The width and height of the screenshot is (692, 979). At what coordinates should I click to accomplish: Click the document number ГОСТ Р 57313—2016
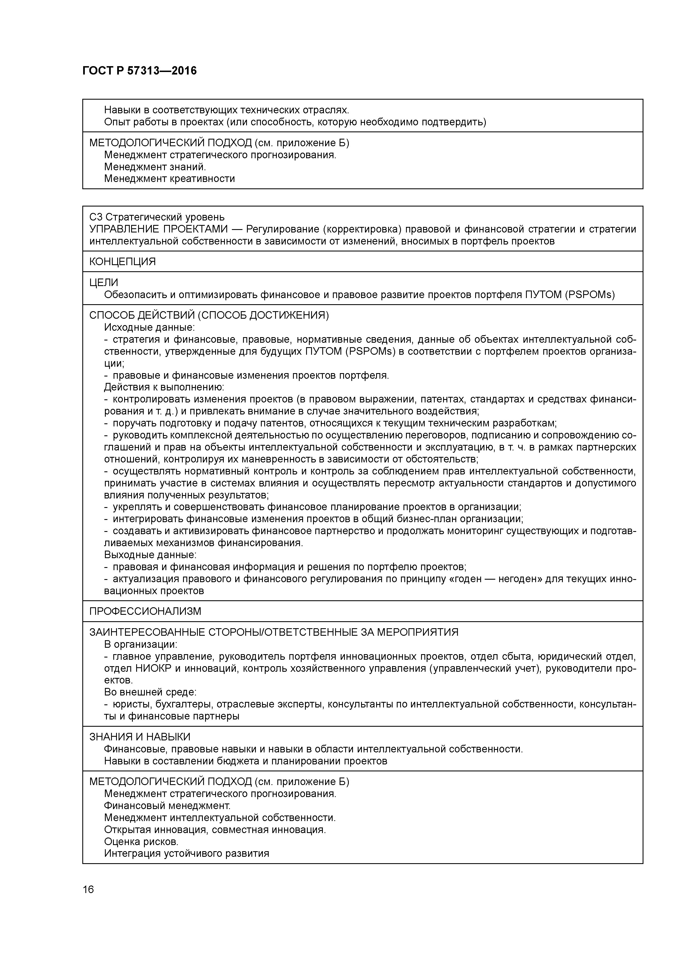[140, 71]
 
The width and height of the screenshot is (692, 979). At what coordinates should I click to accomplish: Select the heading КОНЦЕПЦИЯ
[122, 261]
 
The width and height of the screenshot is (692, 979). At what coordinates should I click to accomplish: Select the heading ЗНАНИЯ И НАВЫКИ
[140, 737]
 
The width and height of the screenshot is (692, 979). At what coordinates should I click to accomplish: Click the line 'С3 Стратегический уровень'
[157, 217]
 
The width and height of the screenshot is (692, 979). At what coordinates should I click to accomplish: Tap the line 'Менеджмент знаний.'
[155, 167]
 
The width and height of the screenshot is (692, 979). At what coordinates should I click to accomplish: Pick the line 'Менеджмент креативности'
[169, 179]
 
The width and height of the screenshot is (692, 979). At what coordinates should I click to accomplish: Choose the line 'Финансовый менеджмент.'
[167, 806]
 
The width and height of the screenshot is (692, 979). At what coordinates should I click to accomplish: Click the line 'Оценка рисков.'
[141, 842]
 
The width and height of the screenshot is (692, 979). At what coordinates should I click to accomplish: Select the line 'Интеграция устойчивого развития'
[186, 854]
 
